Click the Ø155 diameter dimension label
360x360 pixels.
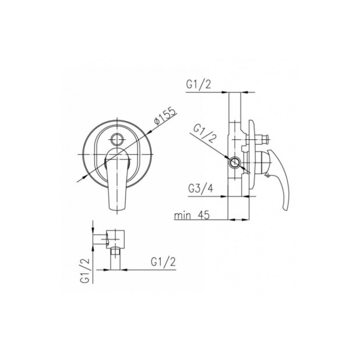pyautogui.click(x=165, y=115)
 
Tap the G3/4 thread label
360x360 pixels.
pyautogui.click(x=200, y=189)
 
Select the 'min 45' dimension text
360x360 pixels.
pyautogui.click(x=192, y=215)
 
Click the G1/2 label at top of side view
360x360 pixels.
pyautogui.click(x=199, y=84)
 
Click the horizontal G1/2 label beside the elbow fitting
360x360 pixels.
pyautogui.click(x=163, y=262)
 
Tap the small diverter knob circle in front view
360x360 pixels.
pyautogui.click(x=117, y=139)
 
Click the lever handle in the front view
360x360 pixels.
pyautogui.click(x=117, y=179)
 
